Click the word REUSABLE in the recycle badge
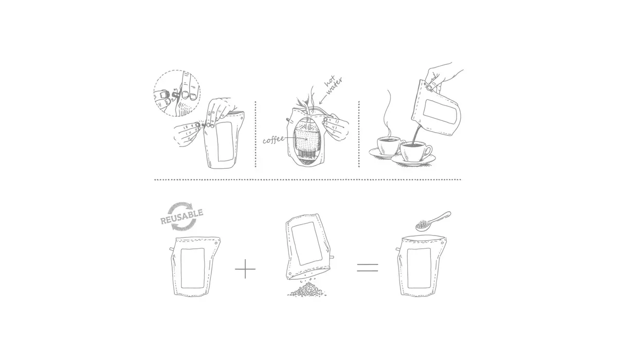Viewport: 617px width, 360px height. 182,217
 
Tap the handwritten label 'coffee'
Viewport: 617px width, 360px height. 274,139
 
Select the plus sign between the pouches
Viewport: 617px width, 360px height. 245,268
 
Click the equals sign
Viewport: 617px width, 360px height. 367,267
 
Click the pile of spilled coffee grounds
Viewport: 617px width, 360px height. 306,290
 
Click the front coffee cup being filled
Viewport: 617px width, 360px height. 416,152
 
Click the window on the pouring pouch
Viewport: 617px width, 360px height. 440,112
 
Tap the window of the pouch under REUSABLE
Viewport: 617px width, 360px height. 193,267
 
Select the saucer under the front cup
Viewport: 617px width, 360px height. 414,161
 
